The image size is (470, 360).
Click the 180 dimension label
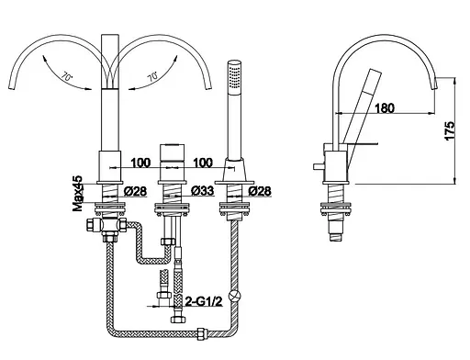(385, 107)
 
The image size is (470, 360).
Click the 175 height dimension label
(450, 131)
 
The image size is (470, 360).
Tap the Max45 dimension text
(78, 193)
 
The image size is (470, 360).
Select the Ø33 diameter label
(203, 191)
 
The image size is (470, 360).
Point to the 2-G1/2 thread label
(204, 302)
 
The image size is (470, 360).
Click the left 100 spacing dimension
(140, 163)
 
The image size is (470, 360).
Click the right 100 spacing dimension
(203, 163)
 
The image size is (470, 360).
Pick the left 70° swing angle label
(67, 76)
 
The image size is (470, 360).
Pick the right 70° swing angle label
(152, 76)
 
